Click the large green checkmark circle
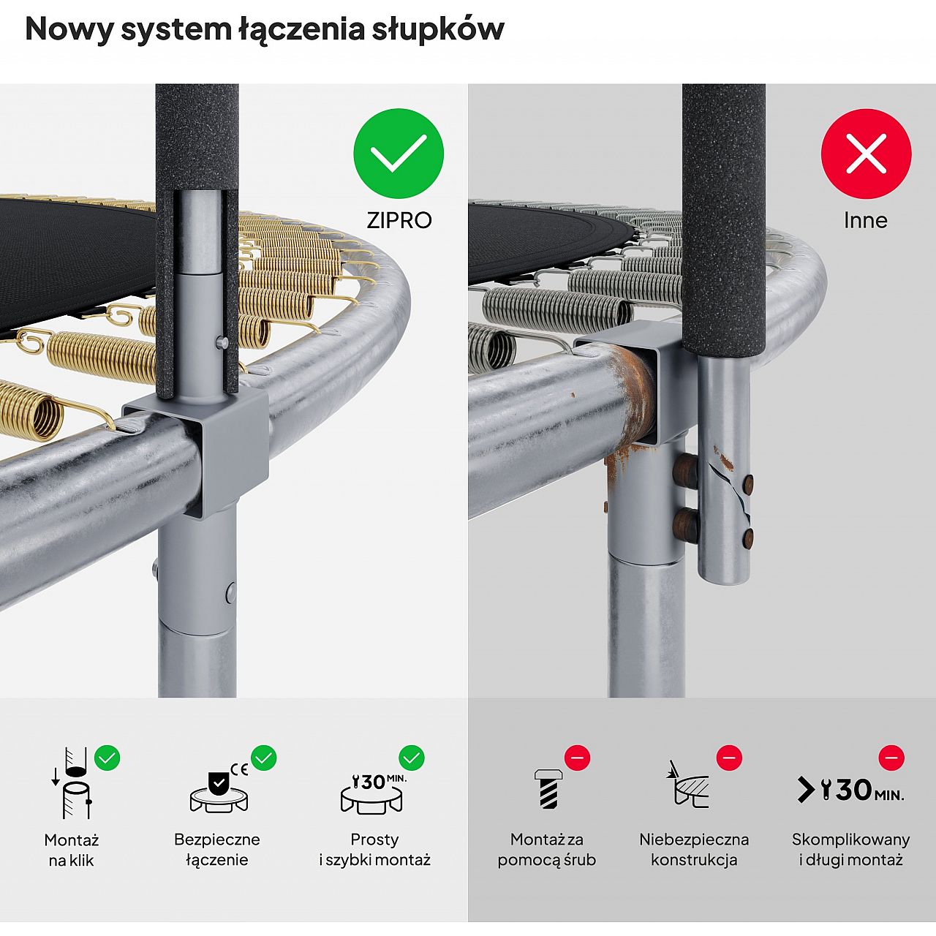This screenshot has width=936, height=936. [x=399, y=153]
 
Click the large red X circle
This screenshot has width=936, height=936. [x=866, y=153]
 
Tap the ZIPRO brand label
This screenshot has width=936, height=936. [x=399, y=220]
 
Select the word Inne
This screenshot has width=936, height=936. [x=866, y=220]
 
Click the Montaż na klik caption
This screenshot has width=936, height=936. [x=72, y=850]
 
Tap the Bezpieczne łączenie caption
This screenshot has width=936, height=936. [x=217, y=850]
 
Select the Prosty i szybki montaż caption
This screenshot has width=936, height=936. [x=374, y=850]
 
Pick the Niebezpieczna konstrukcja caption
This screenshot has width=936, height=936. [x=694, y=850]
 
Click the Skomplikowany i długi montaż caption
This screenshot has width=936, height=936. [x=850, y=850]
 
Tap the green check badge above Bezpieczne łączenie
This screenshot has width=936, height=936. [x=264, y=758]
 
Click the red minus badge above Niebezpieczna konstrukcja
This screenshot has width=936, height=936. [x=729, y=758]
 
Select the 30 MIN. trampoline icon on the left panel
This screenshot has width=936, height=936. [x=374, y=791]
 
